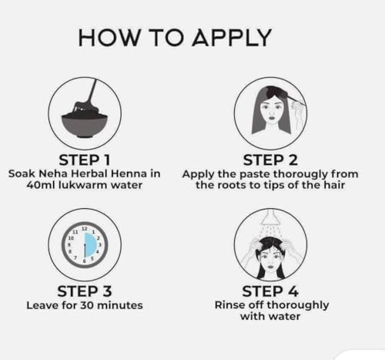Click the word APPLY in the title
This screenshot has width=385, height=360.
232,38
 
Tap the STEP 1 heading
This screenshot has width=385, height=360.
85,160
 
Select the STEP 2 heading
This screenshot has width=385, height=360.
270,160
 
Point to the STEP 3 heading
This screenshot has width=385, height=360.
85,291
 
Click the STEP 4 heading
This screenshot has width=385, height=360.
270,291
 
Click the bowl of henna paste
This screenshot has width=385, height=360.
85,123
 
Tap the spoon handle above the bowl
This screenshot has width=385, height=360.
92,90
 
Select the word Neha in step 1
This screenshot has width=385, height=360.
53,173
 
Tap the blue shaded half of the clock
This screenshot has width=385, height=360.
91,245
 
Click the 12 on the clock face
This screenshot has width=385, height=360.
85,228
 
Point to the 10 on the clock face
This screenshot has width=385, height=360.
71,238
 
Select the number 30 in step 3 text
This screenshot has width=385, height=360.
87,305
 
